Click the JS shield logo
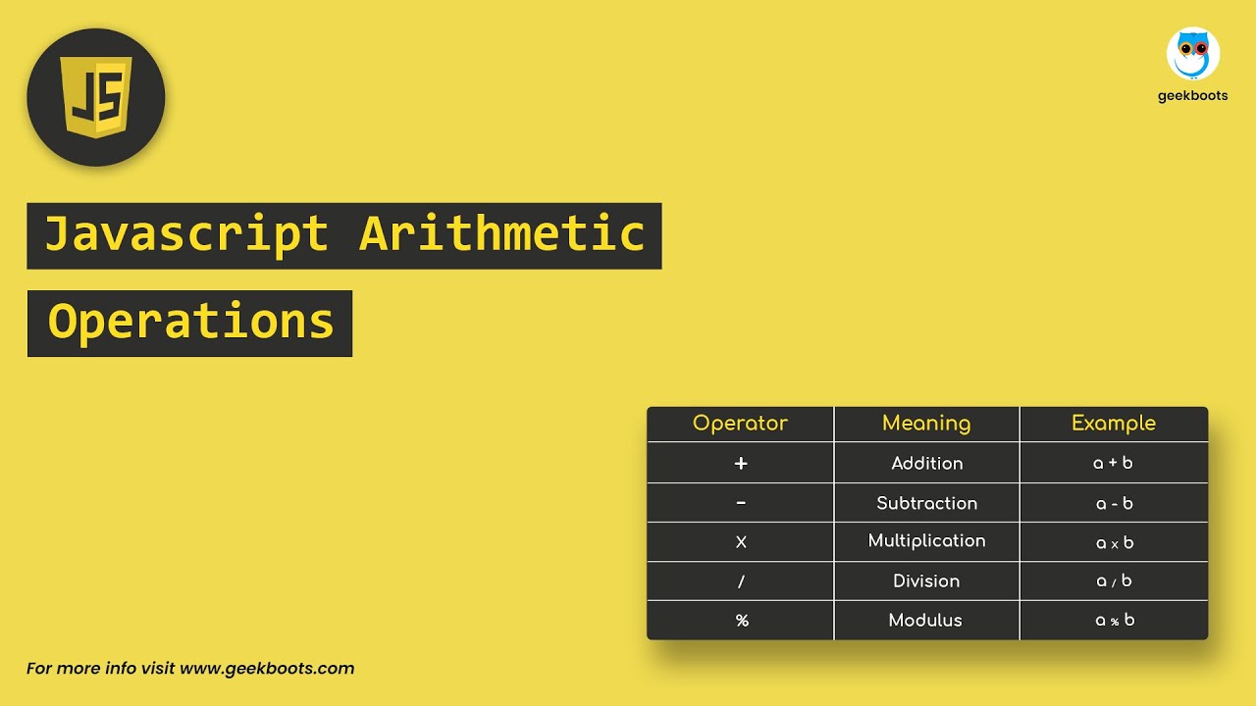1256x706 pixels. pyautogui.click(x=96, y=97)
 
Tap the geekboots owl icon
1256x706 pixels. pyautogui.click(x=1192, y=54)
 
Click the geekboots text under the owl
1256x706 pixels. pyautogui.click(x=1192, y=96)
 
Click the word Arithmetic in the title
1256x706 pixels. pyautogui.click(x=502, y=235)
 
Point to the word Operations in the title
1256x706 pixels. pyautogui.click(x=190, y=323)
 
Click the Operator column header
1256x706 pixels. pyautogui.click(x=740, y=424)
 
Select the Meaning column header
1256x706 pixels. pyautogui.click(x=926, y=424)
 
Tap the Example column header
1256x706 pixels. pyautogui.click(x=1114, y=424)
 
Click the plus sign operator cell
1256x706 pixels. pyautogui.click(x=741, y=463)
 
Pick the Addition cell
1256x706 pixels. pyautogui.click(x=926, y=463)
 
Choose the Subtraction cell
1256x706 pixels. pyautogui.click(x=926, y=503)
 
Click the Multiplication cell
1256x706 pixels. pyautogui.click(x=926, y=541)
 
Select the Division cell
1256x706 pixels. pyautogui.click(x=926, y=581)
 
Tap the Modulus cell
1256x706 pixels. pyautogui.click(x=926, y=621)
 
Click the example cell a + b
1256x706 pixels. pyautogui.click(x=1114, y=463)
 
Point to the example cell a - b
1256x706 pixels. pyautogui.click(x=1114, y=503)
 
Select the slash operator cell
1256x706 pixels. pyautogui.click(x=741, y=581)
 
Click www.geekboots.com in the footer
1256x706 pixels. pyautogui.click(x=267, y=669)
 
